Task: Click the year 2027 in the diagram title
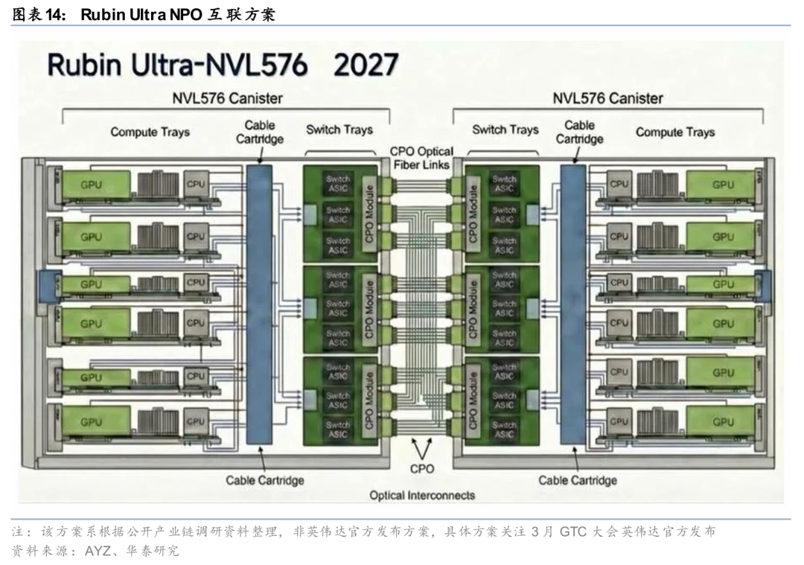[x=366, y=66]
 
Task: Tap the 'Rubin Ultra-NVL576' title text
[x=177, y=66]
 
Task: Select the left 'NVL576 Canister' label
[x=227, y=98]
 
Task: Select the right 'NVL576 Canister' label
[x=607, y=98]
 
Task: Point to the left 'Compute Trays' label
[x=150, y=132]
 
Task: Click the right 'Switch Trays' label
[x=505, y=130]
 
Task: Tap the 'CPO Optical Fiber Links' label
[x=421, y=158]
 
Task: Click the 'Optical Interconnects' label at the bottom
[x=422, y=495]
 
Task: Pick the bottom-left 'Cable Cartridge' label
[x=265, y=480]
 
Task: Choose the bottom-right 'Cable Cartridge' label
[x=578, y=480]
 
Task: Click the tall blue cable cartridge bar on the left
[x=259, y=305]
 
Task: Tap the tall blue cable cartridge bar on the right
[x=573, y=305]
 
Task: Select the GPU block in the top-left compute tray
[x=92, y=184]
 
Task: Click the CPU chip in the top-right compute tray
[x=619, y=183]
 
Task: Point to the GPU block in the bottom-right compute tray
[x=722, y=422]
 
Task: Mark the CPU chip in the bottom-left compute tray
[x=195, y=422]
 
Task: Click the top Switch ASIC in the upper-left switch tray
[x=337, y=184]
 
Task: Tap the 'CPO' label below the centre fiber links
[x=422, y=469]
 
